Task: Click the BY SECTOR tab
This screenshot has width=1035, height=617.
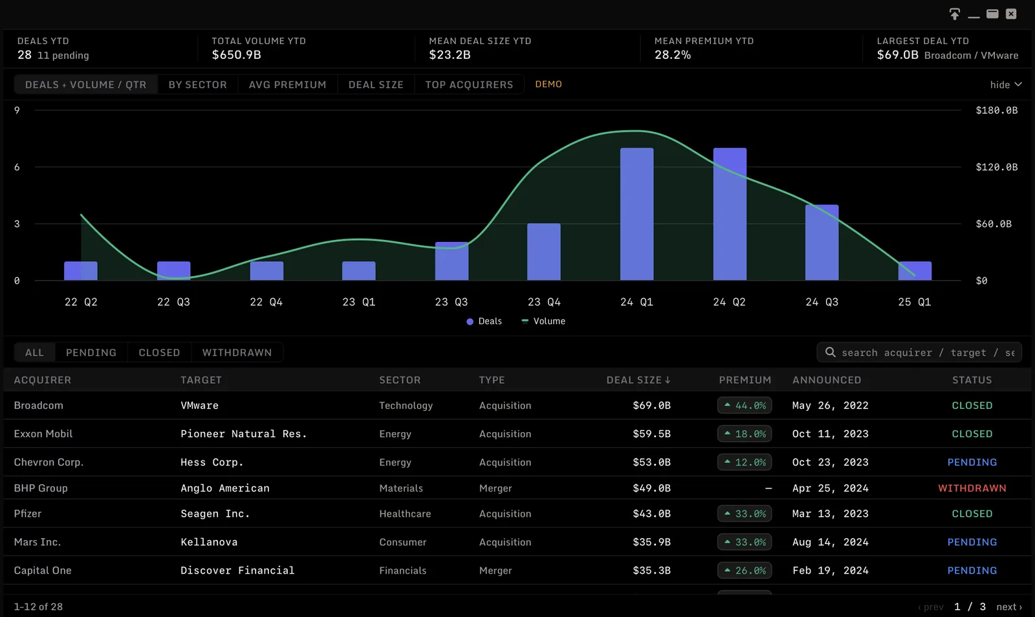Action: click(x=197, y=85)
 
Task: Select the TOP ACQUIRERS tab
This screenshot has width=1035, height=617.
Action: click(x=469, y=85)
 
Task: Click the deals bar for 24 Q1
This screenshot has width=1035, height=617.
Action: click(x=637, y=214)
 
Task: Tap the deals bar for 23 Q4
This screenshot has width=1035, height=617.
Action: click(x=544, y=252)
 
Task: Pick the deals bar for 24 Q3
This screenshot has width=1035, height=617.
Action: click(x=822, y=243)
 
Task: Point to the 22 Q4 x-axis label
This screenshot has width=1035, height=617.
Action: click(x=266, y=302)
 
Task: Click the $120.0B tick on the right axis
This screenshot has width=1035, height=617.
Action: click(x=997, y=167)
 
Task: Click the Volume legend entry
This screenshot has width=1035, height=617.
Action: click(x=543, y=321)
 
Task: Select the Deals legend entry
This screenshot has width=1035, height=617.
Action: click(x=485, y=321)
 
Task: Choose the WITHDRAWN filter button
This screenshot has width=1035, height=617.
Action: click(x=237, y=352)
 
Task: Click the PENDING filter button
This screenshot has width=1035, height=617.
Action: click(x=91, y=352)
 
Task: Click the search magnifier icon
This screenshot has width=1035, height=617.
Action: click(x=831, y=352)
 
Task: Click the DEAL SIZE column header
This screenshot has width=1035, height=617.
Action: click(x=638, y=380)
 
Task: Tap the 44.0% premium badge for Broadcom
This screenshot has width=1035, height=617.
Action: click(x=745, y=406)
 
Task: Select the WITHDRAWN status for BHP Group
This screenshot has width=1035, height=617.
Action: click(x=972, y=488)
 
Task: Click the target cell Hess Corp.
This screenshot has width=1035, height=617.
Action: click(x=212, y=462)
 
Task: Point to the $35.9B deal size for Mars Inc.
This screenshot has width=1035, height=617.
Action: click(x=651, y=542)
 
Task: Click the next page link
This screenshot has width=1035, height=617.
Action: click(x=1009, y=607)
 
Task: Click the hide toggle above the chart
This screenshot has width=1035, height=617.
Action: click(x=1006, y=85)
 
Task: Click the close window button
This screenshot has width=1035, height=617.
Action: click(x=1011, y=14)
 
